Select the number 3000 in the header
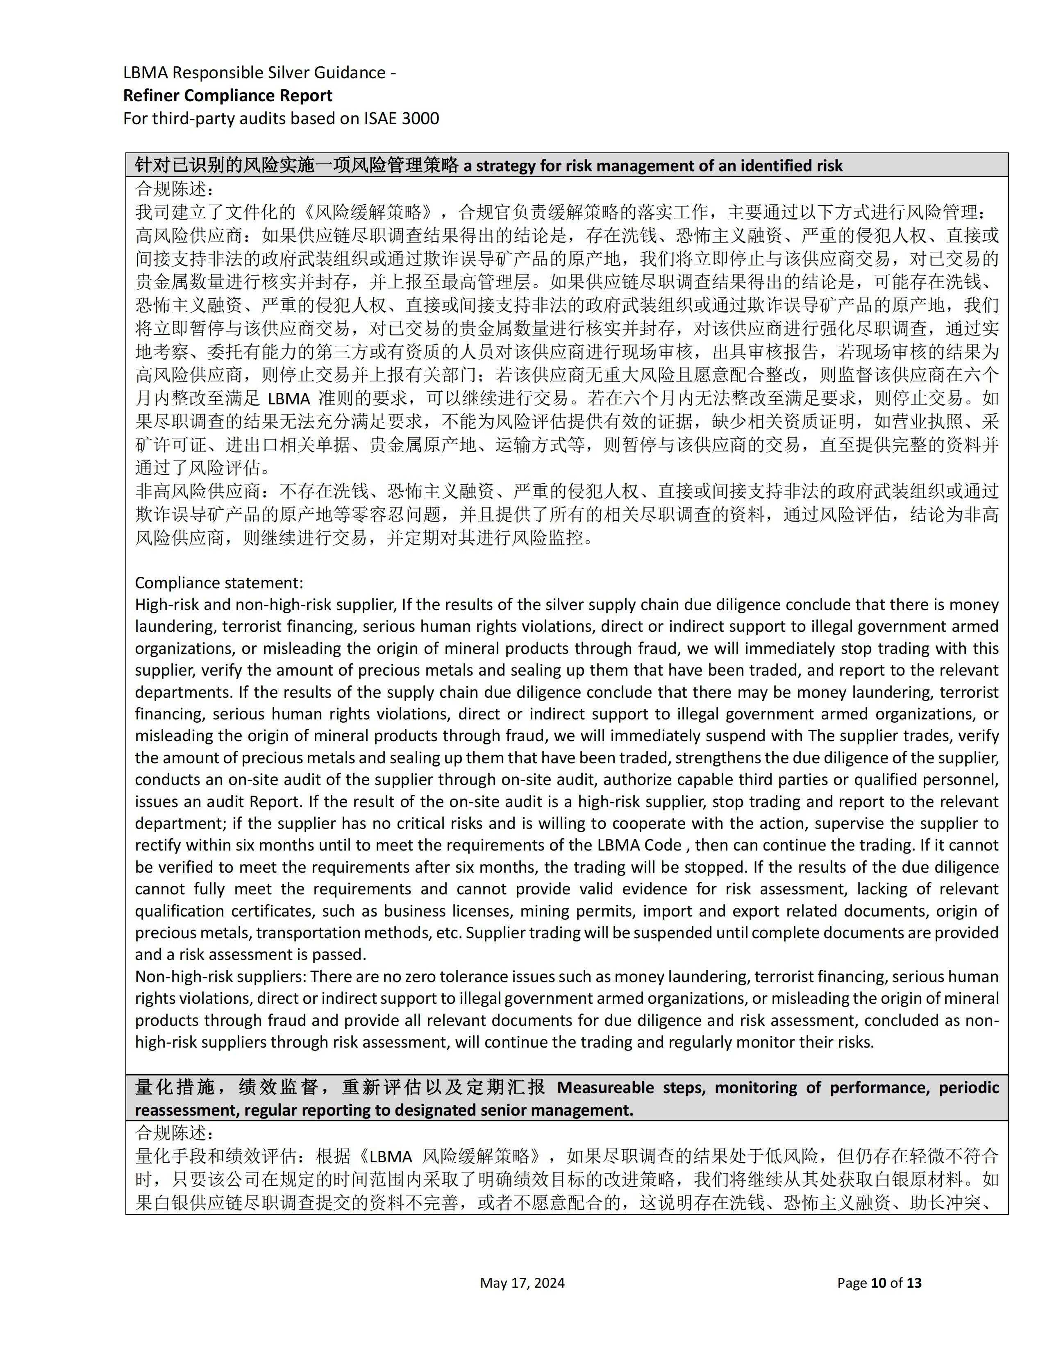tap(420, 118)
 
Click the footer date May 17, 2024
tap(522, 1283)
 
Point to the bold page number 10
tap(879, 1283)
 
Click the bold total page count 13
tap(914, 1283)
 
